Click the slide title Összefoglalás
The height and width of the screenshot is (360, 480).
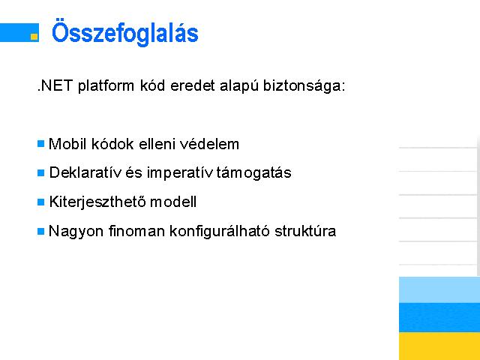click(x=125, y=32)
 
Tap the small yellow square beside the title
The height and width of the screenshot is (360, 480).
click(x=34, y=37)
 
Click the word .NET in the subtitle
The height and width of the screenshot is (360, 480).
click(x=55, y=85)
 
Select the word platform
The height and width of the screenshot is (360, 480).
click(x=106, y=86)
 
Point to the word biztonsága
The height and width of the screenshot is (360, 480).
click(x=304, y=86)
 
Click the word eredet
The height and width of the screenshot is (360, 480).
click(x=193, y=85)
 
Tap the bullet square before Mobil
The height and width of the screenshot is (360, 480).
click(x=40, y=143)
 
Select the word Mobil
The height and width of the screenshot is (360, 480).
click(x=67, y=144)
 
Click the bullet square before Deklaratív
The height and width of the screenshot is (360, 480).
click(x=40, y=172)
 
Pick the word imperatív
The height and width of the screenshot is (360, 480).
click(x=180, y=173)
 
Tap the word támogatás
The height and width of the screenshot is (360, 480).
click(x=253, y=173)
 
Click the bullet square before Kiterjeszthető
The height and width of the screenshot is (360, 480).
click(x=40, y=202)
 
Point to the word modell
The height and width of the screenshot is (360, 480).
click(x=173, y=202)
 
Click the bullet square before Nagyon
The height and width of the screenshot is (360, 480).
click(x=40, y=231)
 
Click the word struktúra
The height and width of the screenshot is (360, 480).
click(x=305, y=231)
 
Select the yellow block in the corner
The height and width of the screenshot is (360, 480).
click(x=439, y=346)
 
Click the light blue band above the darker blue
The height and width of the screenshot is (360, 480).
click(x=439, y=289)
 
